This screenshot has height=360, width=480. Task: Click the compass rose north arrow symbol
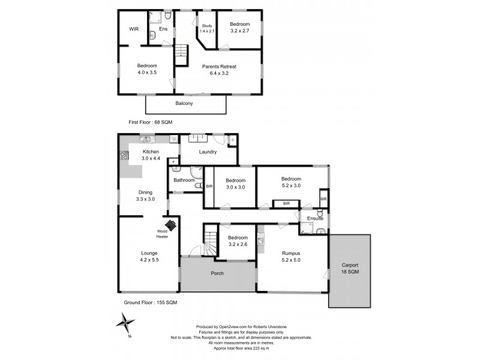[x=125, y=323]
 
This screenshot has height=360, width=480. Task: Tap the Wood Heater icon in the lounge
[x=170, y=226]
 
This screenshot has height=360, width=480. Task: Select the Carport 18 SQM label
[x=350, y=268]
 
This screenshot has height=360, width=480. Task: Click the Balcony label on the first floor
[x=184, y=103]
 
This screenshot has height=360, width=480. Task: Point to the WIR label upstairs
[x=134, y=29]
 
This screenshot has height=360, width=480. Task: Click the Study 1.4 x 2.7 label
[x=207, y=28]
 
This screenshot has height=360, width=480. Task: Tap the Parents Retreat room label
[x=219, y=67]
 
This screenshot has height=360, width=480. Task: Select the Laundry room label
[x=208, y=152]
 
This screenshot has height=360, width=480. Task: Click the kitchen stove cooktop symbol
[x=124, y=155]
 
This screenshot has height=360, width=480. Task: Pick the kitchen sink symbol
[x=145, y=139]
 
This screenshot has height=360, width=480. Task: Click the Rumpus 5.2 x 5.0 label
[x=291, y=257]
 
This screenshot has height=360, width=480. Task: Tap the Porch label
[x=217, y=273]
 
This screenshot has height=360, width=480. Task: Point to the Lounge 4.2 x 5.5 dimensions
[x=149, y=260]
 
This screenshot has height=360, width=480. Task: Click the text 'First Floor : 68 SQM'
[x=151, y=122]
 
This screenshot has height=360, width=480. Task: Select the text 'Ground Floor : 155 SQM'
[x=151, y=302]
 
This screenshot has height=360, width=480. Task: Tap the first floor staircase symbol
[x=181, y=55]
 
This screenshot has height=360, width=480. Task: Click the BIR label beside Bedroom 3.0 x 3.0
[x=209, y=187]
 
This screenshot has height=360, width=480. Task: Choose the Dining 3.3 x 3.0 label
[x=145, y=196]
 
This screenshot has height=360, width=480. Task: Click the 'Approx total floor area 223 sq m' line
[x=241, y=348]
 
